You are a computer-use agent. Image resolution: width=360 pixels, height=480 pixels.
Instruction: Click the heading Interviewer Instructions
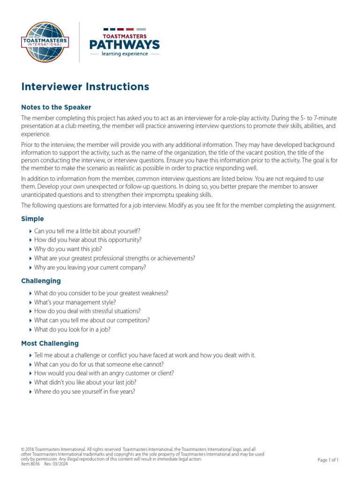[85, 87]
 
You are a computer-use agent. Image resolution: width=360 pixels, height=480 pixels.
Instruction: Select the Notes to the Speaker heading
[56, 107]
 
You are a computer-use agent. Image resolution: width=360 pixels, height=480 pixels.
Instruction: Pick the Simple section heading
[33, 219]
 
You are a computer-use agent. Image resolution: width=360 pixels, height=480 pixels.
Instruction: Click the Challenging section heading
[41, 281]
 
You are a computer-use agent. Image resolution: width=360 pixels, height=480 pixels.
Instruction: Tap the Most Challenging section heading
[50, 344]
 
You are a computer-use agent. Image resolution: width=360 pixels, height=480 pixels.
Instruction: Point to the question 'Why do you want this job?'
[68, 249]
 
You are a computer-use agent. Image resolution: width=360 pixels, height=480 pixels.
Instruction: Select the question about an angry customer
[104, 374]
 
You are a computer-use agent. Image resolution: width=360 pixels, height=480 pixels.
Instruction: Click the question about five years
[84, 392]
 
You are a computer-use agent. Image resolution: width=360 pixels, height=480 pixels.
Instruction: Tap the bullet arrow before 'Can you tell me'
[30, 231]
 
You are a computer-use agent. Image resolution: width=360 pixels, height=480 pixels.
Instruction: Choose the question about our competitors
[92, 321]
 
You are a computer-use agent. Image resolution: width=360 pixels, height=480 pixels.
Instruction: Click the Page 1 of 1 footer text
[328, 460]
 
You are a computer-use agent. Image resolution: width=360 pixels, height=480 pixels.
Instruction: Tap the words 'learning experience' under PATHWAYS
[125, 54]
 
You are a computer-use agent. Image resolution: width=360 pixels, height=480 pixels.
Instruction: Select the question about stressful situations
[87, 311]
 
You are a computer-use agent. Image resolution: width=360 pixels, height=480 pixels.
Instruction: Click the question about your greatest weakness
[101, 293]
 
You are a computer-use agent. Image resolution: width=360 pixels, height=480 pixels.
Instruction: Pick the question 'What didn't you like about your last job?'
[85, 382]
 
